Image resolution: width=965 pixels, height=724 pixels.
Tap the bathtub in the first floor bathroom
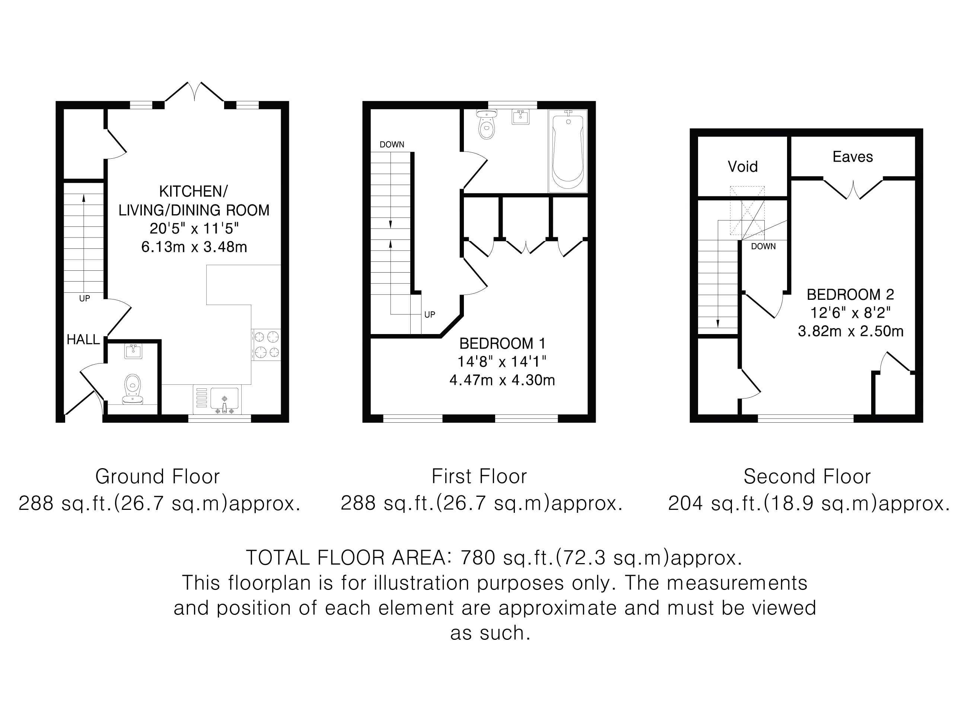[x=567, y=151]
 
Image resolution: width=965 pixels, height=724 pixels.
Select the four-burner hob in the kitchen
[x=266, y=344]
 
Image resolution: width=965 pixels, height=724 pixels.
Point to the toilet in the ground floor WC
[x=133, y=389]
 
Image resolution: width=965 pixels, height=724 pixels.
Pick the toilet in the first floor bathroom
[x=487, y=124]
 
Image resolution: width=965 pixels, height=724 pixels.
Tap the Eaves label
[x=853, y=157]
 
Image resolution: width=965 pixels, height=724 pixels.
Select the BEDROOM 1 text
[x=502, y=343]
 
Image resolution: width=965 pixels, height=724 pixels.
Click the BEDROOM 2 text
[x=850, y=295]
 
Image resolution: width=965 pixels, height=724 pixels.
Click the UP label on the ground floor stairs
[x=85, y=299]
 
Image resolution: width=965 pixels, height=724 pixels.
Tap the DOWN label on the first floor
[x=392, y=145]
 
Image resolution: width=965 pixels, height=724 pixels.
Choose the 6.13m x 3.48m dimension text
[x=194, y=247]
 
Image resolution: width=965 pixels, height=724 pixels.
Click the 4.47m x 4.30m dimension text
[x=502, y=380]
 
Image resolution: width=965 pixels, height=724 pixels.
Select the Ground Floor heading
[x=157, y=476]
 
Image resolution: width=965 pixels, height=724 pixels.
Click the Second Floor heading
[x=807, y=476]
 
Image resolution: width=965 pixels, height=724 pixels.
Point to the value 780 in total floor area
[x=478, y=558]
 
